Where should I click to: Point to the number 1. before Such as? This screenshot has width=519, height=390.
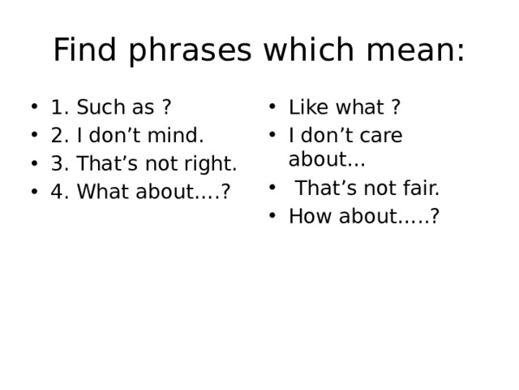pos(59,107)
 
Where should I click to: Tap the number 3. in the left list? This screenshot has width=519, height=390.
pos(59,164)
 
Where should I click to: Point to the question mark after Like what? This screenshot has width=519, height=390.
pos(395,107)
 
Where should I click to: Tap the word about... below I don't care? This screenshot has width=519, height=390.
pos(326,159)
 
